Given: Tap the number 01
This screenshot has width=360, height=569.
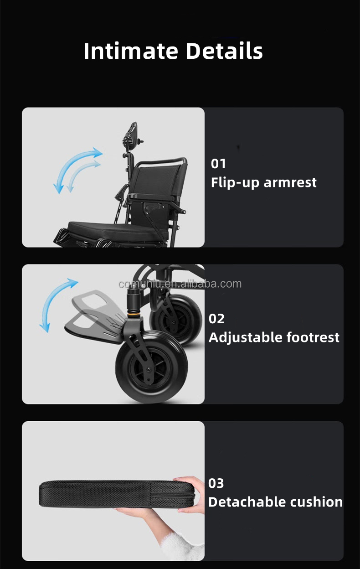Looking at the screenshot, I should pyautogui.click(x=218, y=164).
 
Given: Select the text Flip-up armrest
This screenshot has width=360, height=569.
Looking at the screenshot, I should pyautogui.click(x=263, y=182).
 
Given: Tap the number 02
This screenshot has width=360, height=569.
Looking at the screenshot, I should pyautogui.click(x=216, y=319).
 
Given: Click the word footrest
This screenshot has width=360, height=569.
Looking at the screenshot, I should pyautogui.click(x=313, y=337).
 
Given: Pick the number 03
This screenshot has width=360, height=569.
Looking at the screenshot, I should pyautogui.click(x=216, y=483).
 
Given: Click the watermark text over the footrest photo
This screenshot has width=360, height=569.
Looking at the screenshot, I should pyautogui.click(x=180, y=284).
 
